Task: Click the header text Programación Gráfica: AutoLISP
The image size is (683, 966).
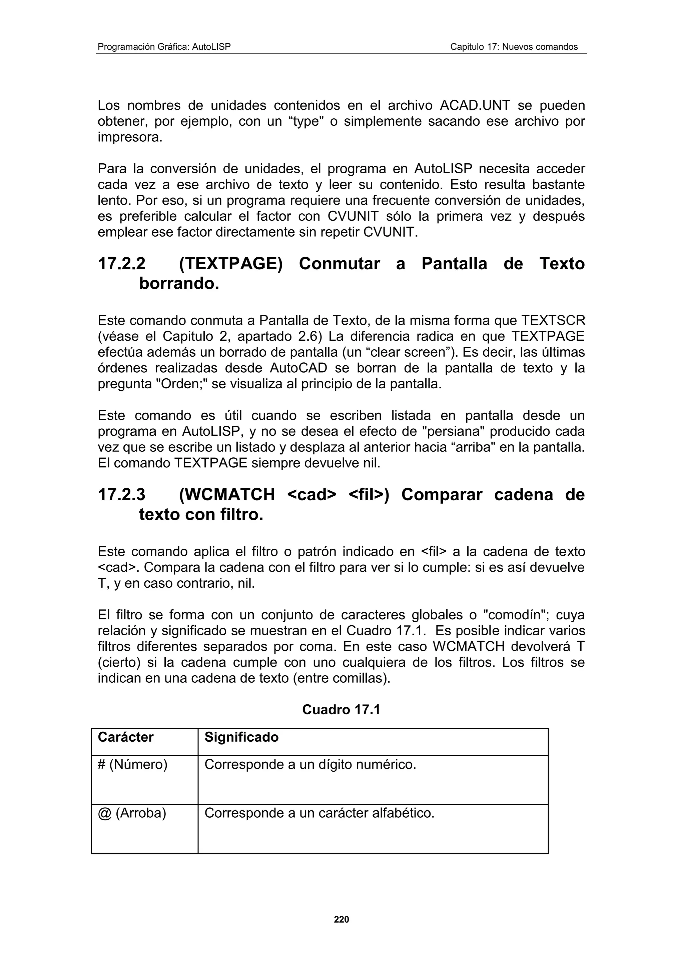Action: tap(164, 47)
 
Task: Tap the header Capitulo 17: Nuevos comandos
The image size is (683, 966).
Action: tap(514, 47)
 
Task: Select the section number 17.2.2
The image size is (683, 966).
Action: tap(122, 264)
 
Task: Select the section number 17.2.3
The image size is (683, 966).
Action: tap(122, 494)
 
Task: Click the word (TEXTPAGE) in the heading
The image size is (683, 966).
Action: tap(230, 264)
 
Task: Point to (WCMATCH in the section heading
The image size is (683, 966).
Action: tap(227, 494)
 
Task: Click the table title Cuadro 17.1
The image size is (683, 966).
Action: tap(341, 710)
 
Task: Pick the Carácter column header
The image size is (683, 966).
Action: tap(125, 737)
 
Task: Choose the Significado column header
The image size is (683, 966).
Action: tap(241, 737)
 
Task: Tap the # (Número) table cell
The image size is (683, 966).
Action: tap(132, 764)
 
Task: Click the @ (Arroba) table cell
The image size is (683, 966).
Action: tap(132, 813)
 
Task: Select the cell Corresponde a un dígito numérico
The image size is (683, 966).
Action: tap(310, 764)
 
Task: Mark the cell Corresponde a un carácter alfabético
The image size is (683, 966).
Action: tap(319, 813)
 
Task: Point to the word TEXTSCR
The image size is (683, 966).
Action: tap(553, 321)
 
